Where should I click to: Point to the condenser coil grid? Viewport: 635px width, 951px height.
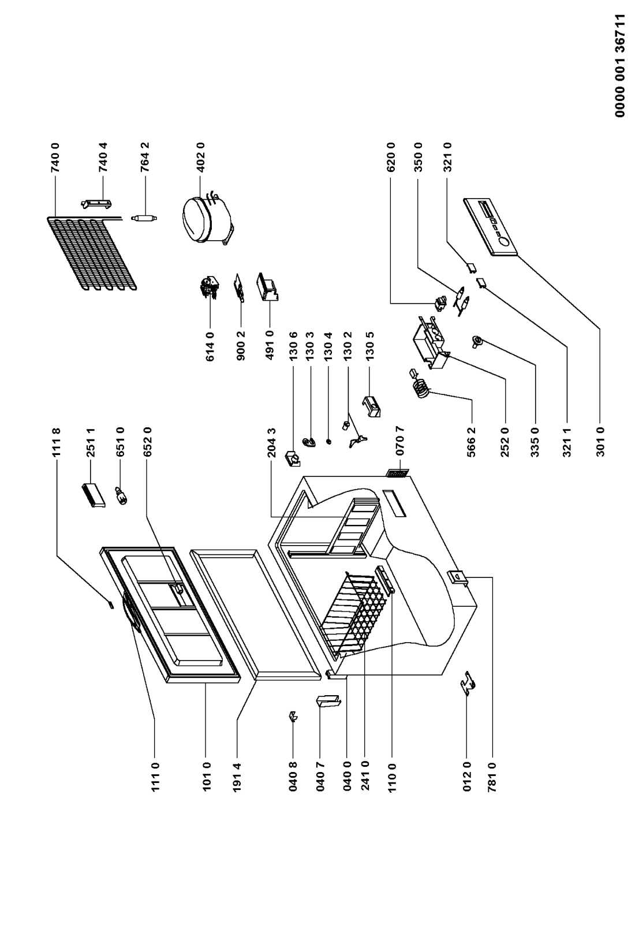pos(91,253)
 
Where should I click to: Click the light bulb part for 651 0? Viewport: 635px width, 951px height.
pos(122,495)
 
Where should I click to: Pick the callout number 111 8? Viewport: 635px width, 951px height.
pos(56,442)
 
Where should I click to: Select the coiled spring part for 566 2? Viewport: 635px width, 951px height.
pos(420,384)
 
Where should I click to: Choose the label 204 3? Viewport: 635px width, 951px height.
pos(272,442)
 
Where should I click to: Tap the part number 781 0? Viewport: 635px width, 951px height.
pos(492,777)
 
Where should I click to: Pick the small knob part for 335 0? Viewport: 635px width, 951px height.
pos(477,341)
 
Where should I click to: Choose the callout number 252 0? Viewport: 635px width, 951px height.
pos(505,442)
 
